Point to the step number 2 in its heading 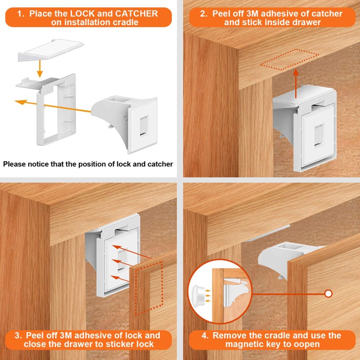pyautogui.click(x=204, y=13)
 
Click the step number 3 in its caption pyautogui.click(x=18, y=335)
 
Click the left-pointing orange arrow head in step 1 pyautogui.click(x=18, y=102)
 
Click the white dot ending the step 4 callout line pyautogui.click(x=328, y=294)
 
